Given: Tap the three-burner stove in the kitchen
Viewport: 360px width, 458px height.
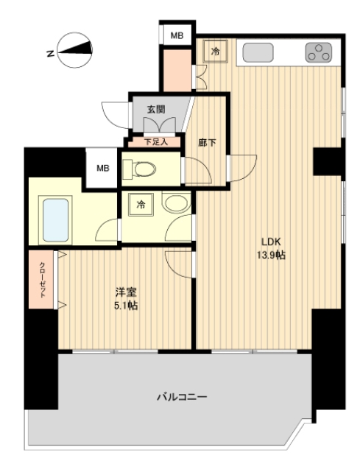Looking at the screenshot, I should click(320, 52).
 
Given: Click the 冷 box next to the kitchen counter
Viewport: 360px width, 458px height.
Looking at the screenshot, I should click(216, 52).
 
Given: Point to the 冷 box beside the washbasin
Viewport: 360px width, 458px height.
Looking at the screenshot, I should click(139, 205).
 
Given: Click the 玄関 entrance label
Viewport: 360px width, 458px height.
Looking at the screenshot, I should click(155, 110).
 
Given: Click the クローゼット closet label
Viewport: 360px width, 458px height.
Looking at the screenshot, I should click(41, 279).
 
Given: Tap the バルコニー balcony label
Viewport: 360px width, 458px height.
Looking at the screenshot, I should click(182, 398).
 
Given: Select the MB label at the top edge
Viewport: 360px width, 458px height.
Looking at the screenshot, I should click(177, 35).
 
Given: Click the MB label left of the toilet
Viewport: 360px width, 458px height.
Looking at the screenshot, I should click(104, 168).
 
